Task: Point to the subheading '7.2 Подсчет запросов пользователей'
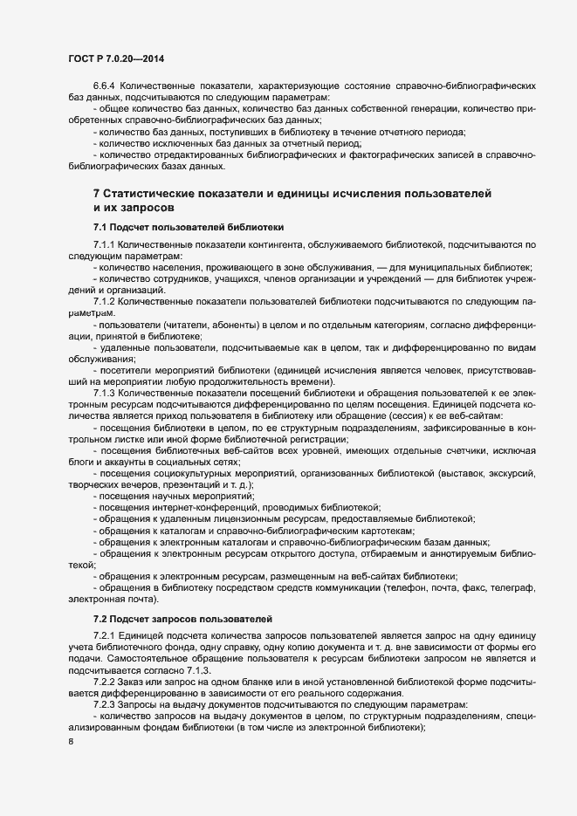tap(182, 618)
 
